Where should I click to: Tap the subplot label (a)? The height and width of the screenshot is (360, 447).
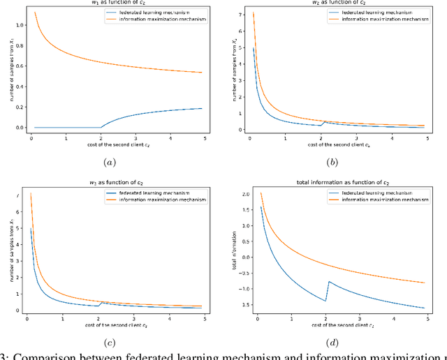[110, 162]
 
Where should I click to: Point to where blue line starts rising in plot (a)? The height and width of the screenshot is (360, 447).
[102, 128]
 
